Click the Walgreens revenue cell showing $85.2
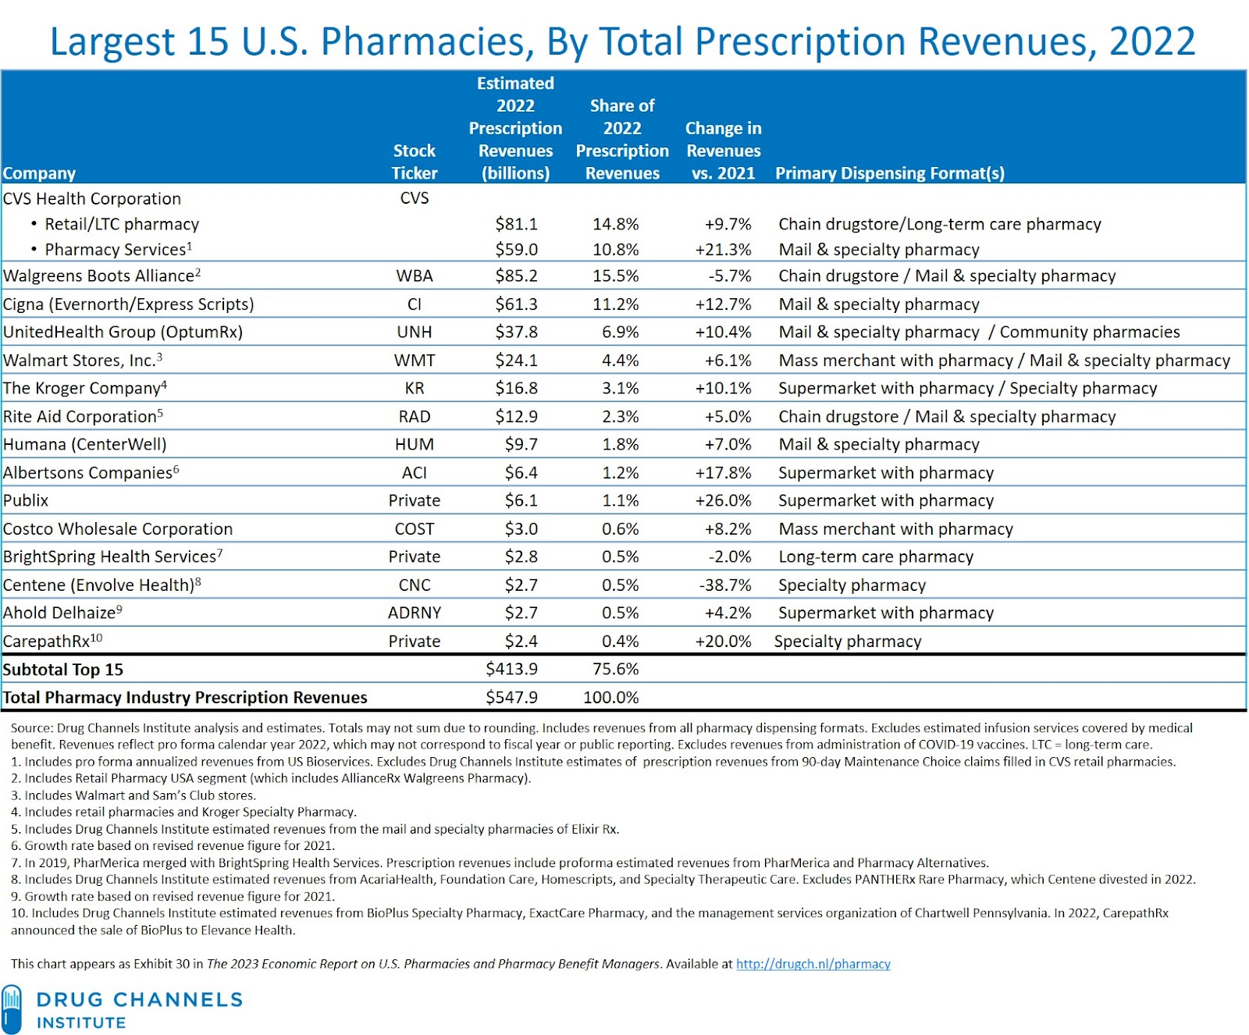point(516,276)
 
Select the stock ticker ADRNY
point(415,613)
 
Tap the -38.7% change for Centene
point(724,585)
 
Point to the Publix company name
point(26,500)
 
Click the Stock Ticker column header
point(415,162)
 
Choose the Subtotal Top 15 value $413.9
point(511,669)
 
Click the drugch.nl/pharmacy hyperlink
point(813,964)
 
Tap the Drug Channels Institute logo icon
point(12,1009)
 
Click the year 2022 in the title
point(1152,42)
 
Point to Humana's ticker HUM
point(415,444)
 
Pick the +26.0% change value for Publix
point(724,500)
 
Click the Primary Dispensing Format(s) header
point(889,173)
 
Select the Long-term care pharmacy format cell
point(876,557)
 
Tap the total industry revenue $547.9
point(511,697)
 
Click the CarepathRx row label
point(47,642)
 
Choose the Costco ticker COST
point(415,528)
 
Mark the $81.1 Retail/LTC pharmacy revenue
point(516,224)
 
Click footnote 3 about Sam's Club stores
point(133,795)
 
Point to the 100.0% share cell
point(610,697)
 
